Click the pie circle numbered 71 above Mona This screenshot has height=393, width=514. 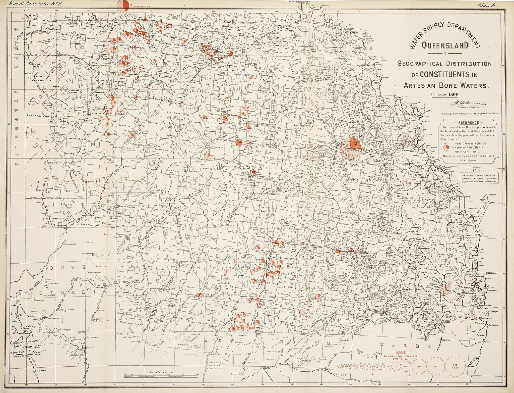[318, 297]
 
